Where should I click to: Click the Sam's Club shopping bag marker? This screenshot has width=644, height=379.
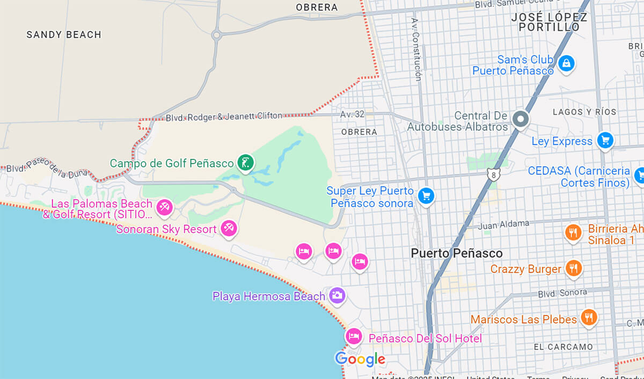pos(565,64)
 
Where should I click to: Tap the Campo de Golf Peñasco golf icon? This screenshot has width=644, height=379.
pos(245,162)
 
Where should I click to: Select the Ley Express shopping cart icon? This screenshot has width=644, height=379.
pos(605,141)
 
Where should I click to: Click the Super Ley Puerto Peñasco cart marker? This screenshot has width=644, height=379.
pos(426,195)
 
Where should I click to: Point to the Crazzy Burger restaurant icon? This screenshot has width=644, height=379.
pos(574,268)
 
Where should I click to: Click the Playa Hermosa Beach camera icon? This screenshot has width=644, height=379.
pos(337,295)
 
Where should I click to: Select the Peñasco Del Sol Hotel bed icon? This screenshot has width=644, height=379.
pos(353,337)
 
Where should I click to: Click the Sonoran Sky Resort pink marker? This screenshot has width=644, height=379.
pos(229,228)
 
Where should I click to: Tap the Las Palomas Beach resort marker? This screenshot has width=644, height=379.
pos(164,207)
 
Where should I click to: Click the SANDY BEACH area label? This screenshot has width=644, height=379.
pos(64,35)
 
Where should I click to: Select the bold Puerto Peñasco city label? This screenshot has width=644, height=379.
pos(457,253)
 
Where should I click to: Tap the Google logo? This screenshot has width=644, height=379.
pos(360,359)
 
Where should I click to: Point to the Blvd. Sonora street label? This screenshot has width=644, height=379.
pos(562,294)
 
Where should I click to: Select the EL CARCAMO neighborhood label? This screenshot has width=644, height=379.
pos(563,347)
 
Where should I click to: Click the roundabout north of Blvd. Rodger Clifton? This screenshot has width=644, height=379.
pos(217,35)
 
